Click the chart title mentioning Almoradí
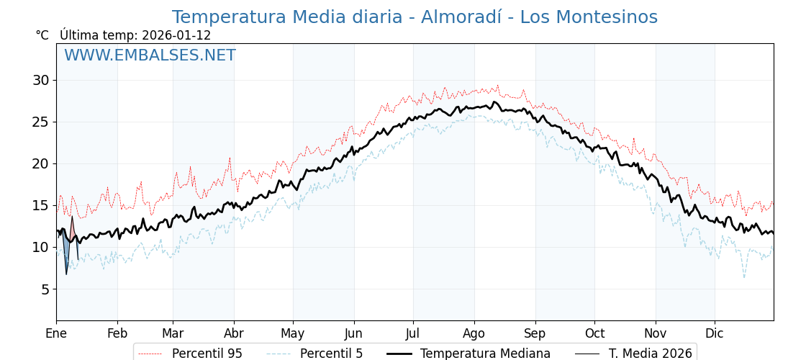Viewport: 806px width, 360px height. [x=415, y=17]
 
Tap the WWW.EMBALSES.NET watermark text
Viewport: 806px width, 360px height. [x=150, y=55]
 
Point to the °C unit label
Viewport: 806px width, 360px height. [x=42, y=35]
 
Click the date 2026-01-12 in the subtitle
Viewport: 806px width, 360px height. [x=176, y=35]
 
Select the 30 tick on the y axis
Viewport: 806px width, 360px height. [x=40, y=80]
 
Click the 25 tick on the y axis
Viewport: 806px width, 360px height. [x=40, y=122]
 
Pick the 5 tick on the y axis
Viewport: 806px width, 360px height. [x=45, y=289]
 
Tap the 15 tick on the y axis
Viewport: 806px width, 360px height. [x=40, y=205]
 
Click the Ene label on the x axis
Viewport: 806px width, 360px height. [x=56, y=333]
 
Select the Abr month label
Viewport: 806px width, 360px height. [x=234, y=333]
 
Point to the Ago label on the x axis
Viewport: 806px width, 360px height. [x=474, y=333]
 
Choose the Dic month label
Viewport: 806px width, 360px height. [x=715, y=333]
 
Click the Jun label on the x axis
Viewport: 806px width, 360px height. [x=354, y=333]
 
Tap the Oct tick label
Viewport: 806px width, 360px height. [x=594, y=333]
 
